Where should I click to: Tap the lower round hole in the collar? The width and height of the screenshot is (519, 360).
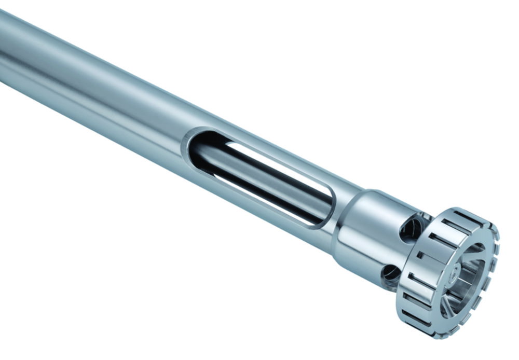pyautogui.click(x=391, y=272)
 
